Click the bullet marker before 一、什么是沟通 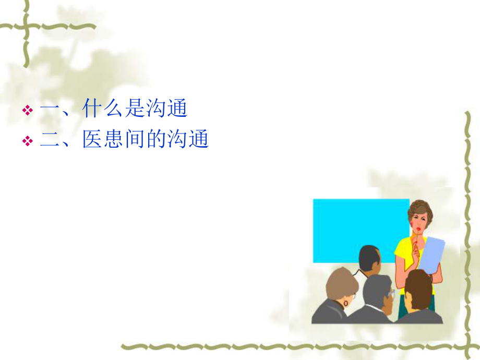[x=28, y=111]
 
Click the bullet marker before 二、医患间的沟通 [x=28, y=141]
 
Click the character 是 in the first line [x=135, y=110]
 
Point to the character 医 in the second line [x=92, y=139]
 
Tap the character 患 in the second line [x=114, y=139]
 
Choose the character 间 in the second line [x=135, y=139]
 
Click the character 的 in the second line [x=156, y=139]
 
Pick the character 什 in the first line [x=92, y=110]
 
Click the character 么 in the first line [x=114, y=110]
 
